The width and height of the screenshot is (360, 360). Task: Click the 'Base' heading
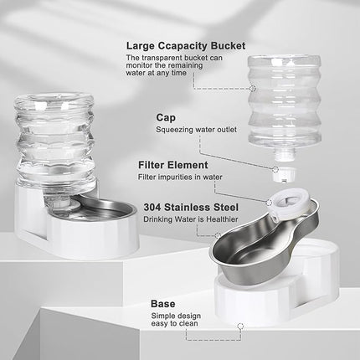click(x=162, y=303)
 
